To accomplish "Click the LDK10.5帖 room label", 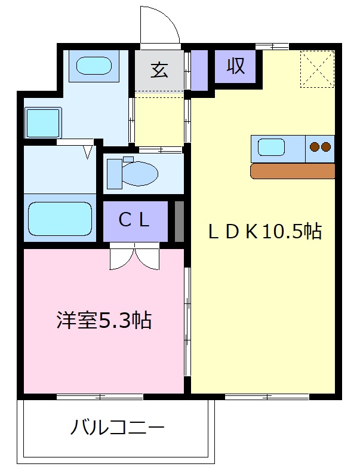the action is [x=264, y=232].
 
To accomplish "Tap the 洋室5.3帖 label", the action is [x=104, y=320].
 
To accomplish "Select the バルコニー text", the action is [x=118, y=428].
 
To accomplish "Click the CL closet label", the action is [x=134, y=220].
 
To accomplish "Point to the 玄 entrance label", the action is [x=159, y=70].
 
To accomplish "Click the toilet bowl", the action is [x=140, y=174].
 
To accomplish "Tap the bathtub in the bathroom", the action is [x=60, y=218].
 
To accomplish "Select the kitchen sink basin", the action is [x=272, y=148].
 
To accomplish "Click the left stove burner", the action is [x=315, y=147].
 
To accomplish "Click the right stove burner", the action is [x=326, y=147].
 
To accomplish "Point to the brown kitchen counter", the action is [x=293, y=171].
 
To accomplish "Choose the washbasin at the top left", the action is [x=94, y=66].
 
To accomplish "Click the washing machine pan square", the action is [x=43, y=123].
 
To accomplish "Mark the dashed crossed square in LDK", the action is [x=317, y=69].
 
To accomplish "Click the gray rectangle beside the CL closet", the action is [x=179, y=222].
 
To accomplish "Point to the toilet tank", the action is [x=115, y=174].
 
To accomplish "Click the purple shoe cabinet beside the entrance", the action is [x=199, y=70].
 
